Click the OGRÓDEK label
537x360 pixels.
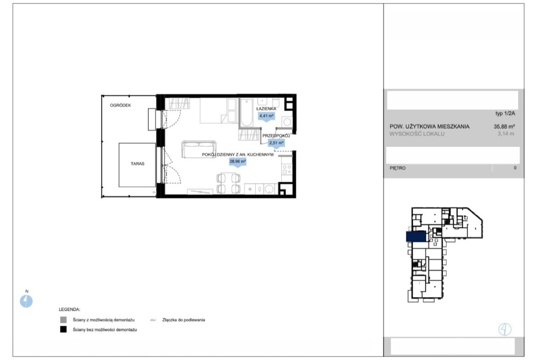coord(120,105)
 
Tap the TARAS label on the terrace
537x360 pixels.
coord(137,164)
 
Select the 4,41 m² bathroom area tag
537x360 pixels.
coord(267,116)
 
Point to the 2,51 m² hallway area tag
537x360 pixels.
coord(276,143)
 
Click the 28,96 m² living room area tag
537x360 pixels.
coord(238,161)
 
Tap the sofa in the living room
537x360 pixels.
coord(199,149)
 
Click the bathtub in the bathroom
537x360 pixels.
coord(246,112)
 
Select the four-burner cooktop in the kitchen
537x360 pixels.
coord(287,170)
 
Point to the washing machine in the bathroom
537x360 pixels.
coord(287,122)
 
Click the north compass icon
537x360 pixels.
coord(26,301)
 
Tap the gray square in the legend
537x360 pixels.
coord(63,320)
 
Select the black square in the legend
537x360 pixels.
coord(63,330)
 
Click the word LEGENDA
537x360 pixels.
coord(69,310)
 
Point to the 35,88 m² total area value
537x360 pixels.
coord(504,126)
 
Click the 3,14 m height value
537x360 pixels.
coord(506,134)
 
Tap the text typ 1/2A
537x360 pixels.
coord(505,114)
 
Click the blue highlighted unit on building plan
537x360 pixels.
coord(416,237)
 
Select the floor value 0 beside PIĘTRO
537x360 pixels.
coord(515,168)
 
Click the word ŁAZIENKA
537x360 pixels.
coord(266,109)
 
